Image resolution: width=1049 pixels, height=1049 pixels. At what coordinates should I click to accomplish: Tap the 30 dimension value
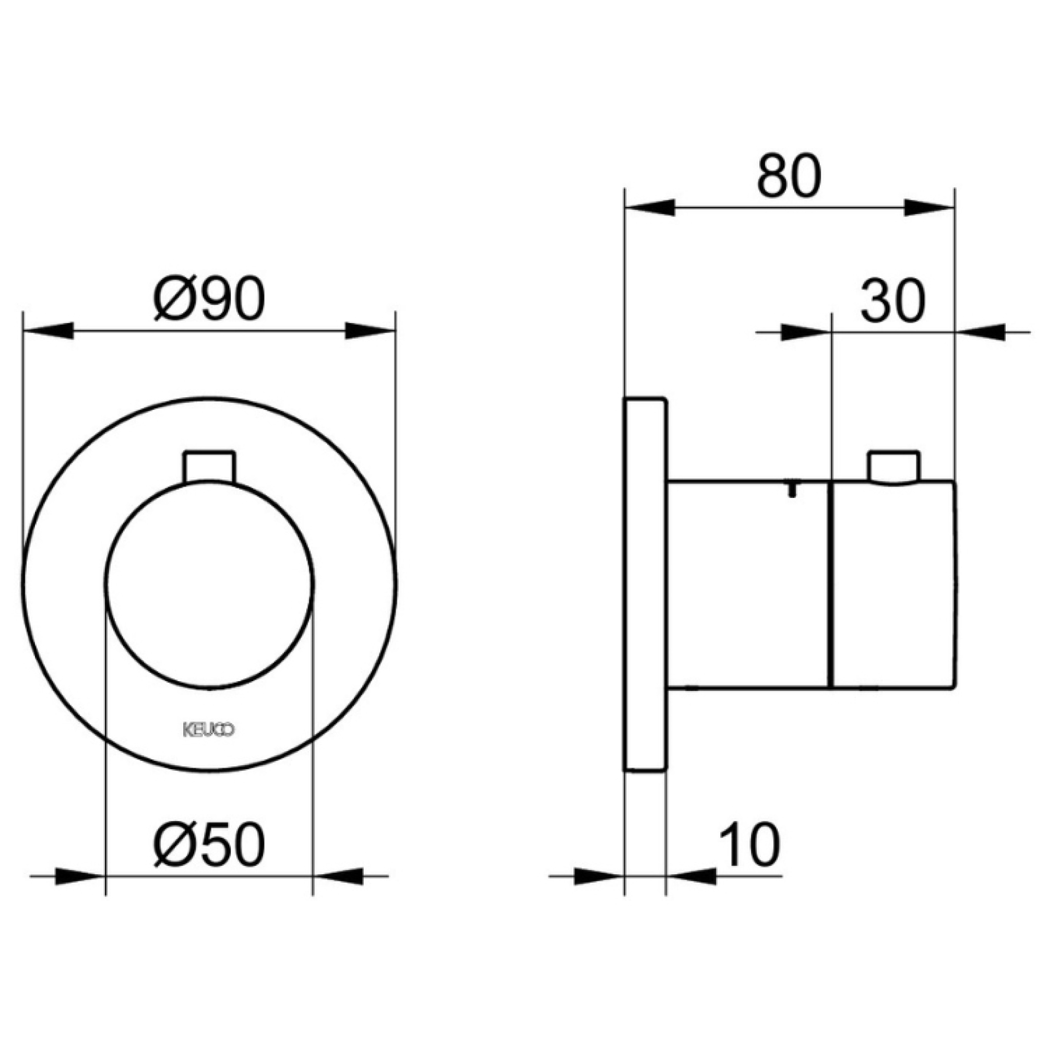pos(891,301)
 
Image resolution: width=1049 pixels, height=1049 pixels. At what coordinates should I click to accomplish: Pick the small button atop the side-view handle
pos(893,467)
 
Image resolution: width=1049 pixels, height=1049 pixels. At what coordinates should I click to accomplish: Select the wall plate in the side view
pos(645,584)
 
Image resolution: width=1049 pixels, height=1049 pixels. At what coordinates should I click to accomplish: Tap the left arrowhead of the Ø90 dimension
pos(49,331)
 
